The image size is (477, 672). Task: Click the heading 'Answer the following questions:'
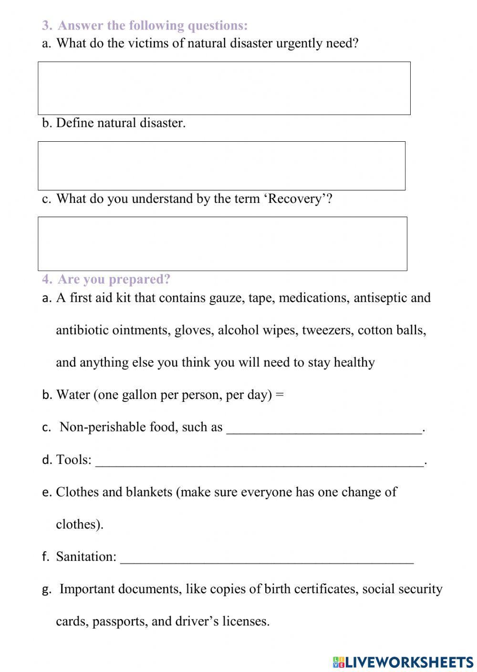(x=152, y=25)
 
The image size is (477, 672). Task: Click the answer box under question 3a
(x=224, y=88)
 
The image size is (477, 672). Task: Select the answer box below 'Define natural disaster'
(x=222, y=166)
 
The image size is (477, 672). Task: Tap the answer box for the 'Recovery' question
(x=222, y=244)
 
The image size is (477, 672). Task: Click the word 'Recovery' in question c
(x=296, y=199)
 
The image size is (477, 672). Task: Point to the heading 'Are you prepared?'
(x=114, y=279)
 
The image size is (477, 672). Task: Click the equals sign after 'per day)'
(x=280, y=395)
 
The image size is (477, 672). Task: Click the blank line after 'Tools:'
(x=259, y=462)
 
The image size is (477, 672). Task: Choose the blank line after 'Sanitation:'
(x=267, y=559)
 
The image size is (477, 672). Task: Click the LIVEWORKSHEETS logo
(x=403, y=661)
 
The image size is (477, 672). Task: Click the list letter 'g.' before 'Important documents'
(x=47, y=589)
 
